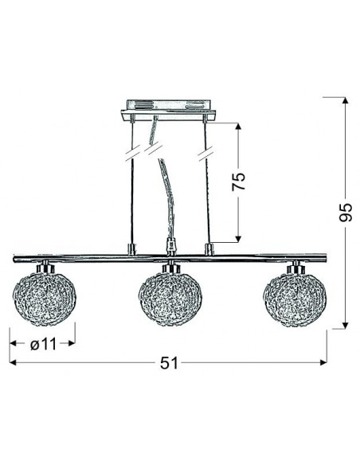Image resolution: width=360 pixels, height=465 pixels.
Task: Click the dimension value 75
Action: tap(239, 181)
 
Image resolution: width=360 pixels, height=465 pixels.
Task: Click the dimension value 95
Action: tap(346, 213)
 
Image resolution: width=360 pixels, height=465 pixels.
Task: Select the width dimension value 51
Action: tap(170, 363)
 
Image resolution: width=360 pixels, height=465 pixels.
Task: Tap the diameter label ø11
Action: tap(43, 344)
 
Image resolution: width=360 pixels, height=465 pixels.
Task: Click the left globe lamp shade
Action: tap(45, 299)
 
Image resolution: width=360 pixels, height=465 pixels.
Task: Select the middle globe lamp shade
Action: tap(170, 299)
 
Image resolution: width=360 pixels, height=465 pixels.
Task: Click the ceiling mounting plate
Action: tap(168, 110)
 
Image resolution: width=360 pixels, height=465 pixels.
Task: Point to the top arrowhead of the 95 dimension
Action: tap(345, 100)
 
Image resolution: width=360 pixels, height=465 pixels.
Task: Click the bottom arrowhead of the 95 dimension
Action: tap(345, 326)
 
